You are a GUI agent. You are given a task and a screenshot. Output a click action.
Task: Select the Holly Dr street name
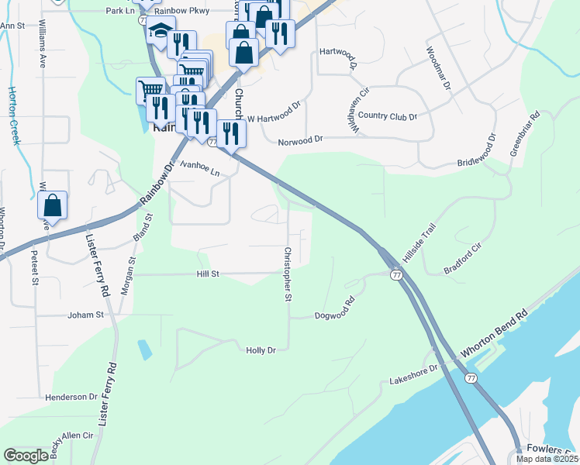[261, 350]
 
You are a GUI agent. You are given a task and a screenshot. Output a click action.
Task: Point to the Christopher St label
[287, 274]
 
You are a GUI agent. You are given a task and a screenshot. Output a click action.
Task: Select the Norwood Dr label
[299, 139]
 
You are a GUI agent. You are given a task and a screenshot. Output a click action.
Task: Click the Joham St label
[85, 315]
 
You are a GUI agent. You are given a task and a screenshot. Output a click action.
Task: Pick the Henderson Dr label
[71, 397]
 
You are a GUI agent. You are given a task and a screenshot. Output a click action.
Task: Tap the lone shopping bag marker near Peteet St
[52, 206]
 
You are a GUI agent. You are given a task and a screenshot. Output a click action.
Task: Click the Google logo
[26, 456]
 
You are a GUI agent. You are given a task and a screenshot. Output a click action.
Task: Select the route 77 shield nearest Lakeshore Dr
[470, 377]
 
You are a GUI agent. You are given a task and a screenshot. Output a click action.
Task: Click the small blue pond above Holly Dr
[145, 350]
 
